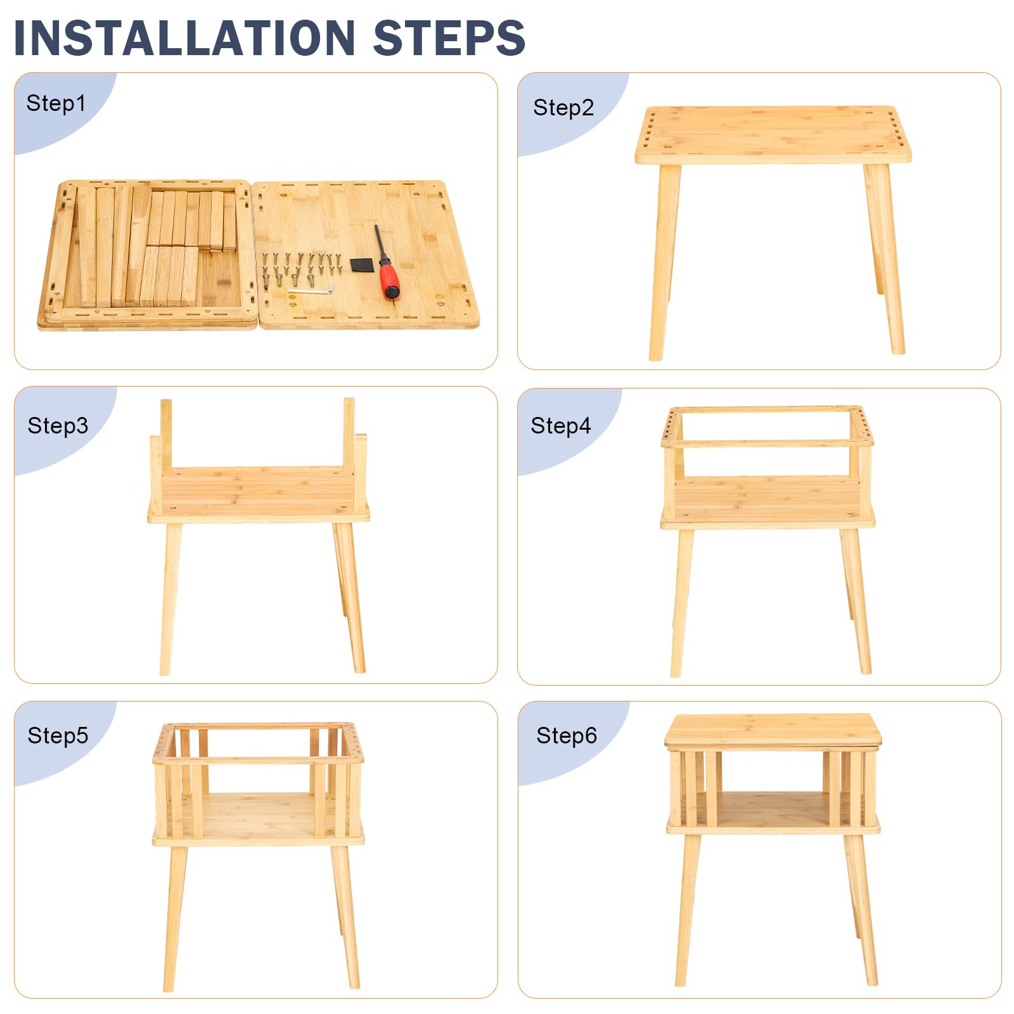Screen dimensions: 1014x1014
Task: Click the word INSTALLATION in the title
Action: [x=184, y=38]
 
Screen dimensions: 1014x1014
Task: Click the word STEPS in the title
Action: [x=449, y=38]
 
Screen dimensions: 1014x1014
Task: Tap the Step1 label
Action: [x=56, y=103]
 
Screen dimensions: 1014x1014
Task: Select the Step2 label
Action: [x=563, y=108]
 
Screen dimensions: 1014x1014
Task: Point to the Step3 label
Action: [x=58, y=426]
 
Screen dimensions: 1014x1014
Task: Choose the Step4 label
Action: [x=561, y=426]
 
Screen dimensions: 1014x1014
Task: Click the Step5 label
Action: [x=58, y=736]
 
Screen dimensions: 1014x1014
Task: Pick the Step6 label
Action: [x=567, y=736]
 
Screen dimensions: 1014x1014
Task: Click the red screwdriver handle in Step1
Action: [x=388, y=281]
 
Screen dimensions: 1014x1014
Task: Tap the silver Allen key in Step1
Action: [x=311, y=290]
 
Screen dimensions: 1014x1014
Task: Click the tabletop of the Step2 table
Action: [x=773, y=134]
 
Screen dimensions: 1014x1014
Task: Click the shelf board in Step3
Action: [x=259, y=494]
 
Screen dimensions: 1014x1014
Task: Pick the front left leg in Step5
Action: [x=174, y=918]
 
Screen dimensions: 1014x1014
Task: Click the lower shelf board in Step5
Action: [x=259, y=819]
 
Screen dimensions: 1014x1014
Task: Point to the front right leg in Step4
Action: [x=856, y=601]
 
